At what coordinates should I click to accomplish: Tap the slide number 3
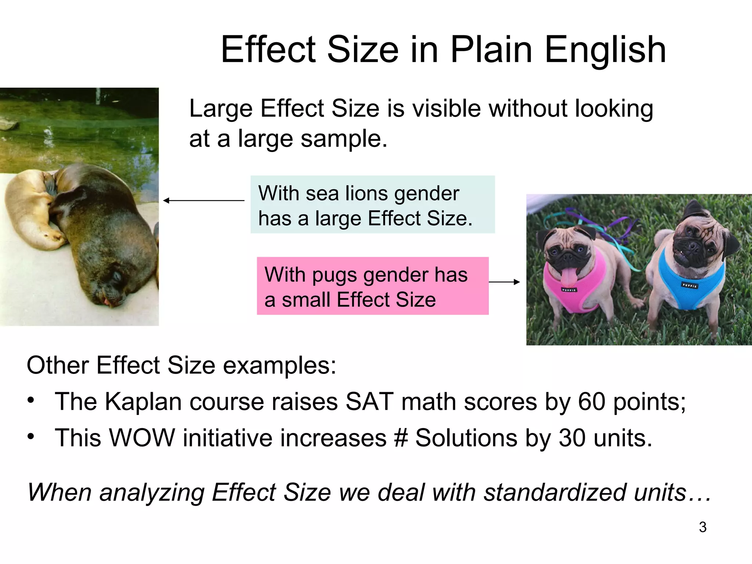pos(702,527)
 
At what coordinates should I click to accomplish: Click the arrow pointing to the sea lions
pos(204,200)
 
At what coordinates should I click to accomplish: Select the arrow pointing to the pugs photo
pos(504,282)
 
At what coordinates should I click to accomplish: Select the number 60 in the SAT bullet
pos(591,402)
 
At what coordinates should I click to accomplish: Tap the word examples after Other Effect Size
pos(279,366)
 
